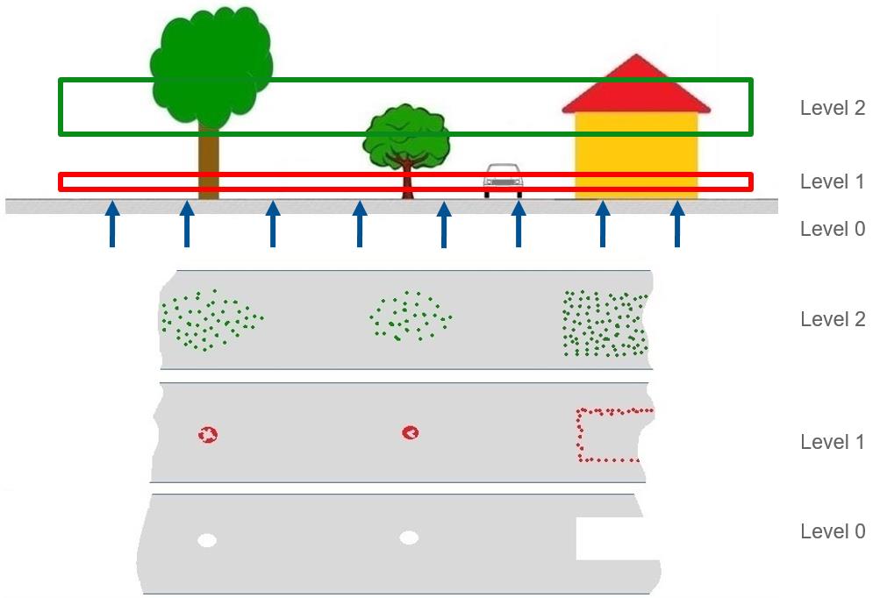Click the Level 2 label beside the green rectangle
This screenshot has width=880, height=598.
[x=832, y=109]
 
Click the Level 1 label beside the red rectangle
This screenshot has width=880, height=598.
[x=832, y=182]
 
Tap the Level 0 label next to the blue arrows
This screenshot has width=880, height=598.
[x=832, y=230]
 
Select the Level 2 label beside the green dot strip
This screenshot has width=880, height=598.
[x=832, y=320]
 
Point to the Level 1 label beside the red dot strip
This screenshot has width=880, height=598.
[x=832, y=443]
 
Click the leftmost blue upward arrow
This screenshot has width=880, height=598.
[x=111, y=224]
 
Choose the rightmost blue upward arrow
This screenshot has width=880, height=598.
[x=676, y=224]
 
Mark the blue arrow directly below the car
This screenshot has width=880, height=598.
[x=518, y=224]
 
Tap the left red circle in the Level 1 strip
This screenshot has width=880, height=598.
[x=208, y=433]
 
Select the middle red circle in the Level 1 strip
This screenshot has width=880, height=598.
[x=410, y=432]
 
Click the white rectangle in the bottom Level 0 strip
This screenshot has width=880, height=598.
[x=616, y=538]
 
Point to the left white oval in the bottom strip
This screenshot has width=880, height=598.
[x=206, y=540]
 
